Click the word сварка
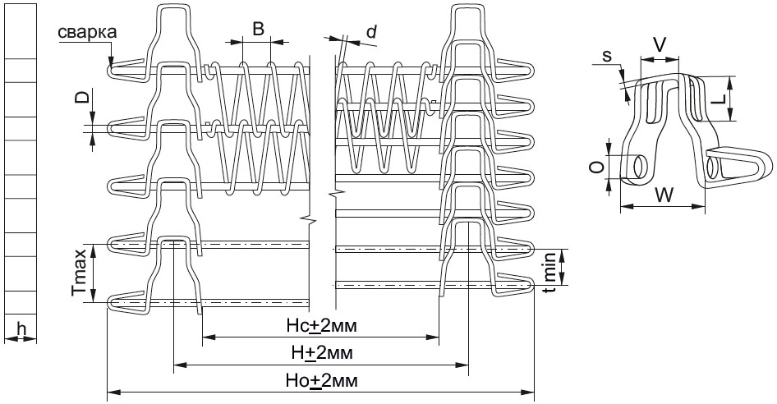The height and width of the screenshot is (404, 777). [88, 32]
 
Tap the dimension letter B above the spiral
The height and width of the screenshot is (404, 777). [258, 29]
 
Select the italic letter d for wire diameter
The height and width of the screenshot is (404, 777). [371, 31]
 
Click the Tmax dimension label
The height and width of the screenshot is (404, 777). [80, 273]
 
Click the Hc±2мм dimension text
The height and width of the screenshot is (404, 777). [322, 326]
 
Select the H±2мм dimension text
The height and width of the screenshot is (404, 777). [322, 353]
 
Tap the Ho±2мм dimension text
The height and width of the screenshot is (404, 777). [322, 380]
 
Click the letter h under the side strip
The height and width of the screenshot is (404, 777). [21, 328]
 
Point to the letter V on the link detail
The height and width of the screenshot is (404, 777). [659, 45]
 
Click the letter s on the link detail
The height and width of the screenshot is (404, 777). [607, 56]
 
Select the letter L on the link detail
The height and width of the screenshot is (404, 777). [721, 99]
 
